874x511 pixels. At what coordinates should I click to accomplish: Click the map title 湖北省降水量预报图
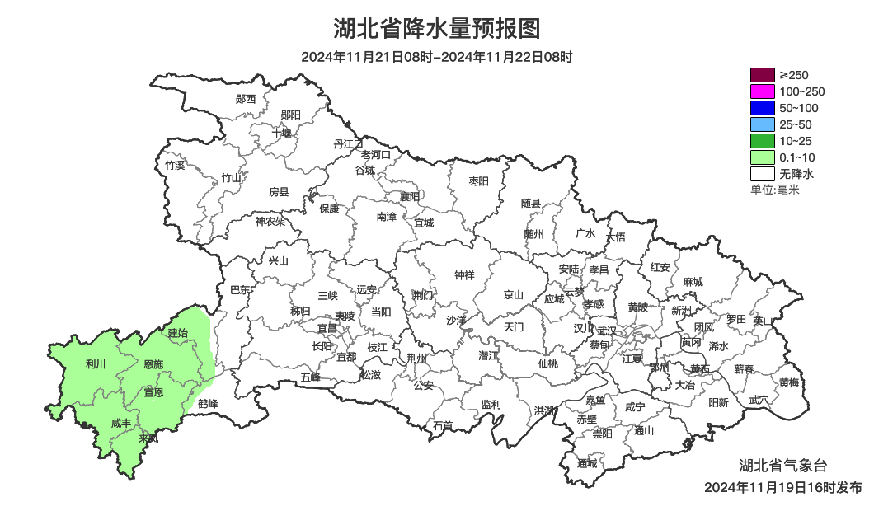[x=437, y=29]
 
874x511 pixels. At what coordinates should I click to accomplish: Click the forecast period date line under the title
[x=437, y=57]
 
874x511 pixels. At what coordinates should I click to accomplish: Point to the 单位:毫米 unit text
[x=775, y=190]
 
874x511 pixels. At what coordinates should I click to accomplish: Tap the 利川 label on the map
[x=96, y=363]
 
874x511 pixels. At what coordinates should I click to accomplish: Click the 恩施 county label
[x=153, y=364]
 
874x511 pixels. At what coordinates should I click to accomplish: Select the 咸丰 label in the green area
[x=121, y=424]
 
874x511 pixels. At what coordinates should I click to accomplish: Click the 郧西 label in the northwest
[x=246, y=99]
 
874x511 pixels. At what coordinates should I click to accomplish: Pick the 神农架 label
[x=270, y=221]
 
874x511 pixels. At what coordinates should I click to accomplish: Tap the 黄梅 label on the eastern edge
[x=789, y=382]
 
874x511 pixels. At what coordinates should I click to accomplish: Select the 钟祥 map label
[x=465, y=275]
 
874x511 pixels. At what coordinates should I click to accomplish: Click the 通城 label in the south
[x=587, y=463]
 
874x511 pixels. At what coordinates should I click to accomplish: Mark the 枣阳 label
[x=478, y=180]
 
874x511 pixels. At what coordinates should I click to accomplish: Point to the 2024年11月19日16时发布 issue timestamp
[x=782, y=487]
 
